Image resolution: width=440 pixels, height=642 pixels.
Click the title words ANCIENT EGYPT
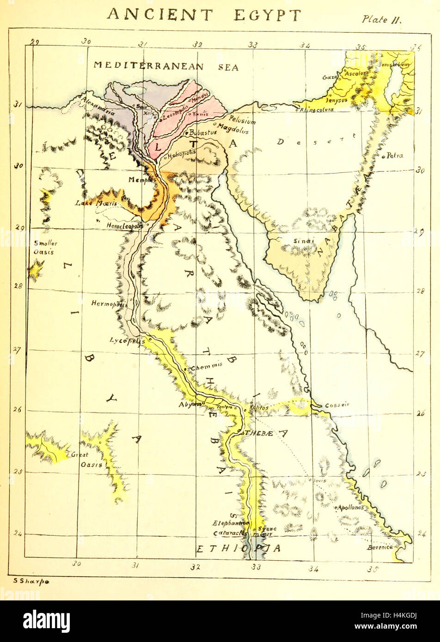pos(204,15)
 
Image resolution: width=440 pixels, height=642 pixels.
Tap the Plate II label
pos(382,20)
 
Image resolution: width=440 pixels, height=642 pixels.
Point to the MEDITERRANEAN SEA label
pos(166,66)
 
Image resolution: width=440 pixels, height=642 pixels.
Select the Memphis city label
pos(141,180)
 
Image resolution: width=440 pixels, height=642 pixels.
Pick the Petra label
pos(395,156)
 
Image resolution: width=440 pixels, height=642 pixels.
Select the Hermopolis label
pos(109,303)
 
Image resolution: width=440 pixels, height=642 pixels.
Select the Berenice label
pos(380,547)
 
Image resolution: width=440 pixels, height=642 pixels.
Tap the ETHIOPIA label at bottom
pos(238,549)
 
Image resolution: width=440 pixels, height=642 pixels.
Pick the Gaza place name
pos(330,77)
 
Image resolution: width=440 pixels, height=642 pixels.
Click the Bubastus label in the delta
pos(203,133)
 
